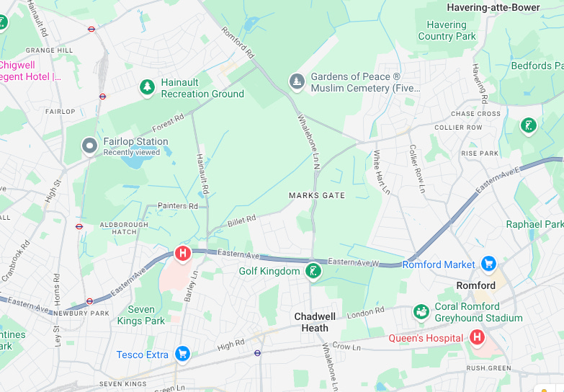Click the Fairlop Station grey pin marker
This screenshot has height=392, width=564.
click(x=90, y=146)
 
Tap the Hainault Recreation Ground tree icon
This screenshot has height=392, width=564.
click(x=148, y=87)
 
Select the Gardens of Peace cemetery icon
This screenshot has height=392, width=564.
click(x=297, y=81)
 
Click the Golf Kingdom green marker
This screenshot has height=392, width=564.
click(x=313, y=271)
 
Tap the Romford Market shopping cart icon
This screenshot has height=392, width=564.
click(x=489, y=264)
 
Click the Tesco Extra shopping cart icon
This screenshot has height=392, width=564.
click(x=182, y=354)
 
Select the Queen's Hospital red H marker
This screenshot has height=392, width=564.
click(x=476, y=337)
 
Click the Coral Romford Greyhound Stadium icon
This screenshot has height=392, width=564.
click(x=421, y=312)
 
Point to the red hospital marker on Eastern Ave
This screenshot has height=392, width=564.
click(x=183, y=253)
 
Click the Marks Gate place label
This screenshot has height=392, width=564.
click(x=316, y=195)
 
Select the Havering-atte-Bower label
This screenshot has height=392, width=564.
click(x=493, y=7)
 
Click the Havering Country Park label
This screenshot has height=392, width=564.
click(x=447, y=30)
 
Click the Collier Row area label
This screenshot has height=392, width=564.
click(x=458, y=128)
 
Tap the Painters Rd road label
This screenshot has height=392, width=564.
click(x=177, y=206)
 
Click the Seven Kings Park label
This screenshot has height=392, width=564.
click(x=140, y=315)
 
